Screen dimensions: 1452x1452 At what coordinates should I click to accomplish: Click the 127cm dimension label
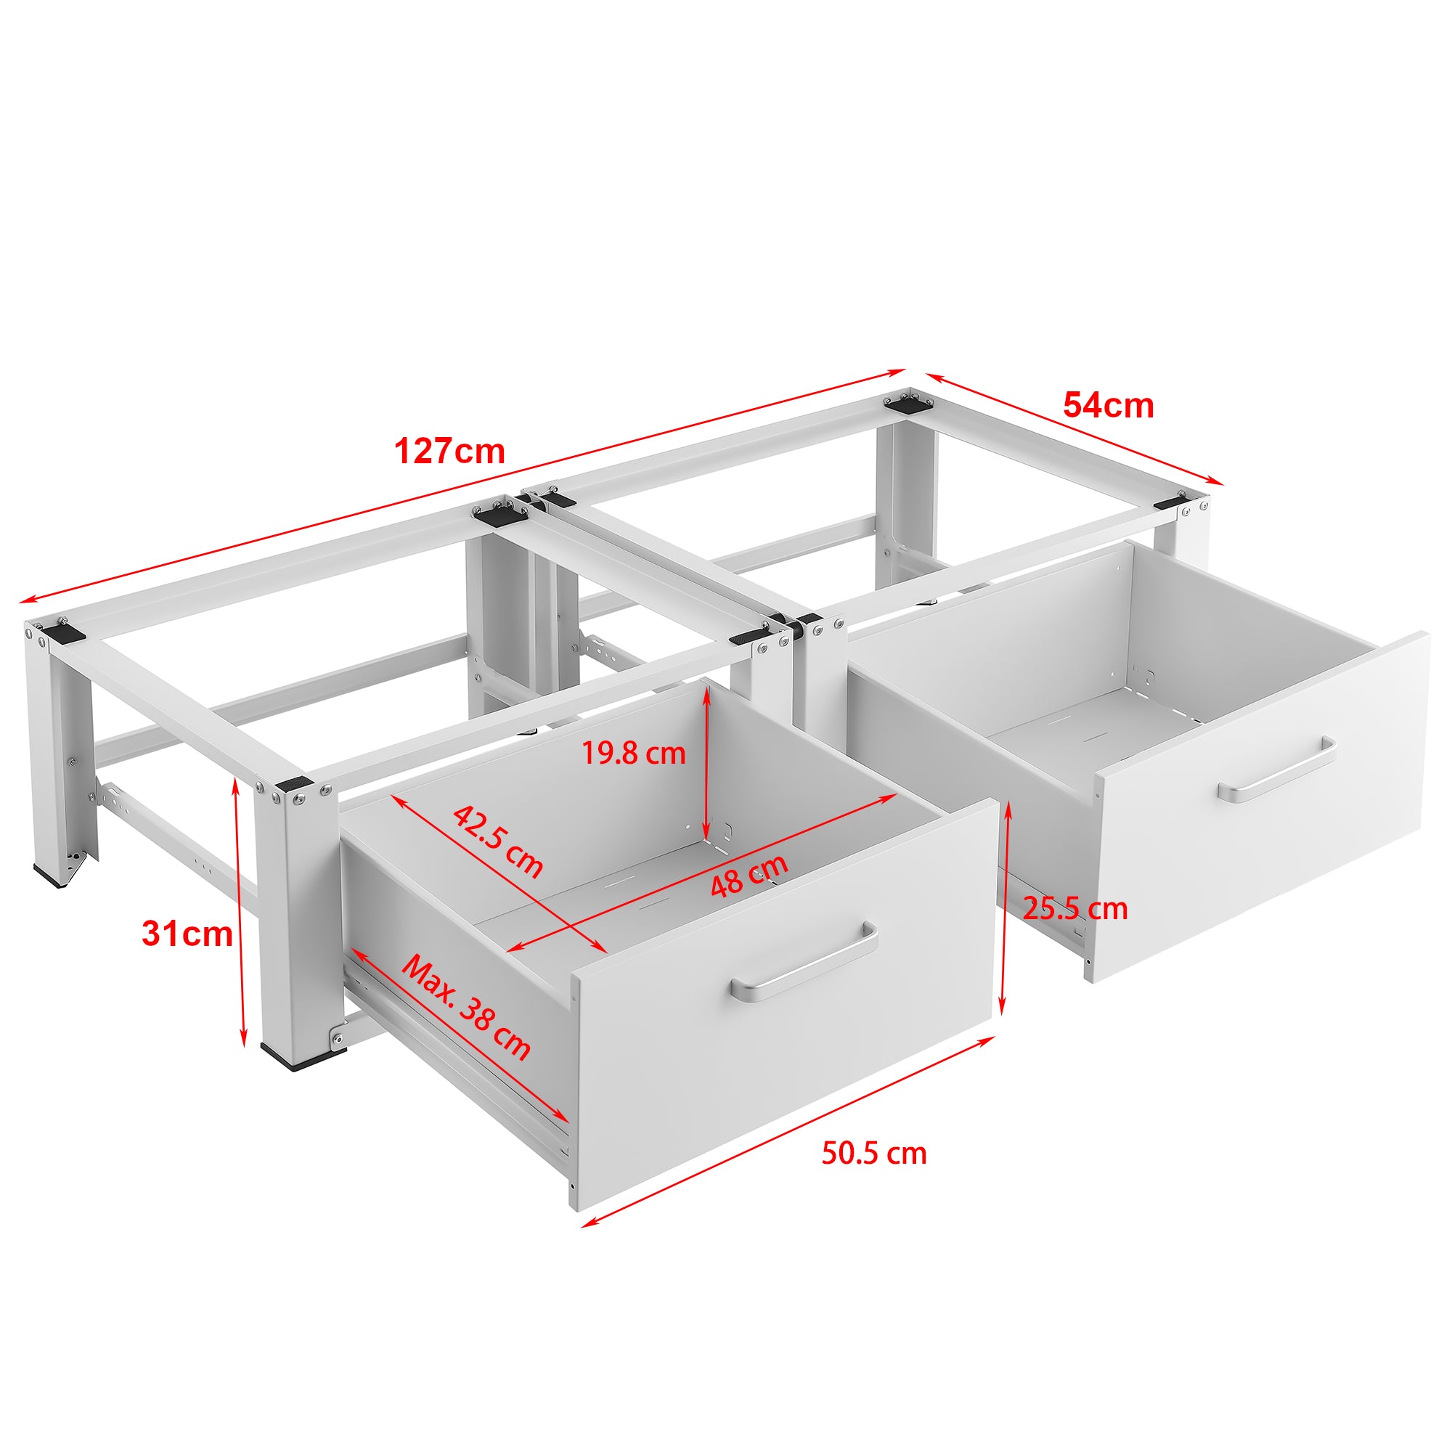449,452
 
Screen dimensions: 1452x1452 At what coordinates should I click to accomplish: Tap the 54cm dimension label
1108,406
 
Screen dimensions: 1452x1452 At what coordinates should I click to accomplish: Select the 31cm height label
187,934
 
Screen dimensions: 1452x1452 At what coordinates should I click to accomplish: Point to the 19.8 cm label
634,753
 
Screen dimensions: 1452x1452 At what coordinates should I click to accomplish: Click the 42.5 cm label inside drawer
497,841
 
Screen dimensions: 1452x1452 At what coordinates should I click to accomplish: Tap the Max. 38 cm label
466,1007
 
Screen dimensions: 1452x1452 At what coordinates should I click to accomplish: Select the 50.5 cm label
873,1153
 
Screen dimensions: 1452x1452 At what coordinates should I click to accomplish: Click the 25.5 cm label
1075,910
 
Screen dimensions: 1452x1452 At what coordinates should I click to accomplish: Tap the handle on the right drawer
1276,770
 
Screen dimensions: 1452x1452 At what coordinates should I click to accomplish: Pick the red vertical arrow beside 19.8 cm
706,763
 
